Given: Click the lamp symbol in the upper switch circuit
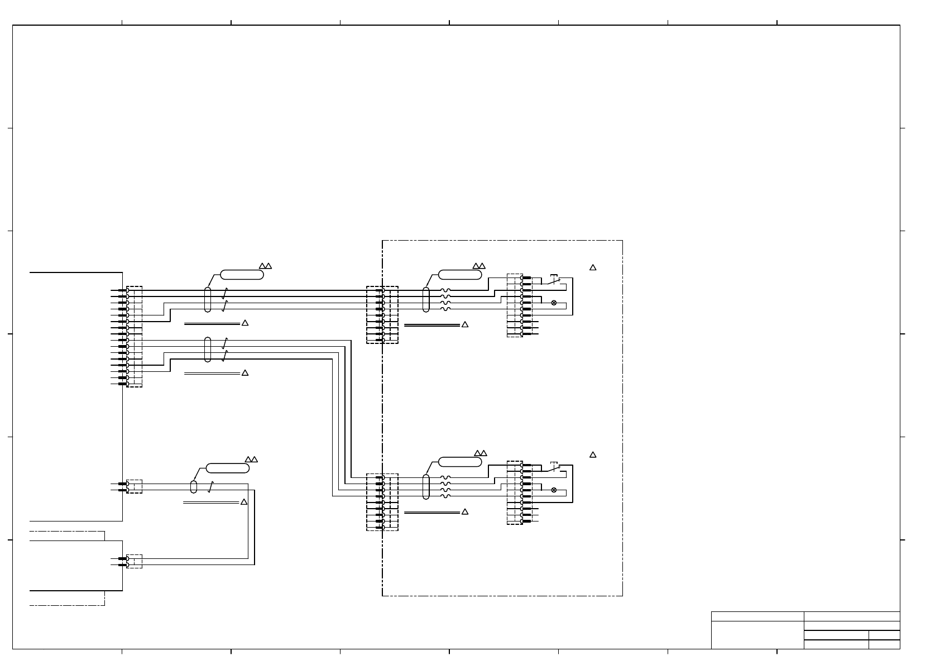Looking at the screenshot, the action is click(x=554, y=303).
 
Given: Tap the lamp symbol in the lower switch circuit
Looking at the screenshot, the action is click(x=554, y=490).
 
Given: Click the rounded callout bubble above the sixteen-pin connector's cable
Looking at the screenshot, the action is click(x=242, y=275).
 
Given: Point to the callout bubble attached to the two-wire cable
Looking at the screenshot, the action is click(x=227, y=468).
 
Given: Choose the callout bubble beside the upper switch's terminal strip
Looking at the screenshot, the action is click(x=460, y=275).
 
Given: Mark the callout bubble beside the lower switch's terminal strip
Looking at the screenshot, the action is click(x=460, y=462).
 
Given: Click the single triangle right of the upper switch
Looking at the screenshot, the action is click(x=593, y=268).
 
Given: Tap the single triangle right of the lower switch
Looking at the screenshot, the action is click(x=593, y=455).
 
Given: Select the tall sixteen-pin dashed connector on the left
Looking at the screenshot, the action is click(x=135, y=337).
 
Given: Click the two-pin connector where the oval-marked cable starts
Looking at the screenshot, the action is click(x=135, y=486).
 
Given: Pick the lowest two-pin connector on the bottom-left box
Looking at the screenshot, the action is click(x=135, y=561).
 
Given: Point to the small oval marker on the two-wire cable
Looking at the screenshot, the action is click(x=194, y=486).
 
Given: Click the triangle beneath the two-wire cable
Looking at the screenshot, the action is click(x=243, y=503).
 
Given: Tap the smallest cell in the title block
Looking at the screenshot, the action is click(x=884, y=644).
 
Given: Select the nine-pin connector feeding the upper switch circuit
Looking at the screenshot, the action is click(x=382, y=315).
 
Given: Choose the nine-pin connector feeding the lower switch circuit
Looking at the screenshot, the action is click(x=382, y=502).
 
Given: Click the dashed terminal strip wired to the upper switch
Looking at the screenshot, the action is click(x=515, y=305).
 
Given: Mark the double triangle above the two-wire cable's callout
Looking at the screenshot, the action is click(x=251, y=460).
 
